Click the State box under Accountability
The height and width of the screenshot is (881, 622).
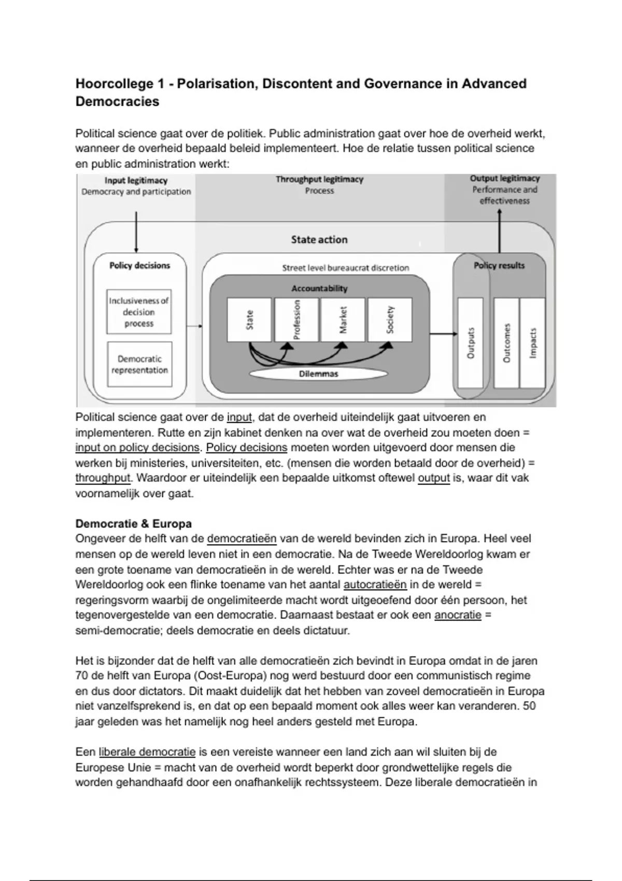point(249,319)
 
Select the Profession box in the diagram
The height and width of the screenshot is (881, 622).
point(296,319)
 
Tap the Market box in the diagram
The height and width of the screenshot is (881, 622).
point(343,319)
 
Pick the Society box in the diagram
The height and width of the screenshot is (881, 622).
point(390,319)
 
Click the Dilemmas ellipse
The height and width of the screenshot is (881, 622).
point(318,374)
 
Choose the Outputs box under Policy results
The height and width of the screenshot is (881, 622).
point(471,343)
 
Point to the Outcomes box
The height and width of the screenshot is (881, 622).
point(506,343)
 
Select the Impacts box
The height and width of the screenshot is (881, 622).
point(533,343)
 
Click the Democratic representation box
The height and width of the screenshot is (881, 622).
point(139,364)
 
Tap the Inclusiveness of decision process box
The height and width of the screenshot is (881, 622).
point(139,311)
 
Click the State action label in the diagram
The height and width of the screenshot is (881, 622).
point(319,239)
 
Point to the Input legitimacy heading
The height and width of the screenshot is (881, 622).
point(136,180)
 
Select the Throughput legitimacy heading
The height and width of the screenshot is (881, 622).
point(319,179)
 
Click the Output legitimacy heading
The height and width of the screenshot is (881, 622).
point(504,178)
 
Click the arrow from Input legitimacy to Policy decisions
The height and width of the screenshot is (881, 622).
point(136,232)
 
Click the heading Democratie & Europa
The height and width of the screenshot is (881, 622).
point(133,523)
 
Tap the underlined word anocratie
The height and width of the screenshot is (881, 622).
point(458,615)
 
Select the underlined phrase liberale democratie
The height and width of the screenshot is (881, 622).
point(147,751)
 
